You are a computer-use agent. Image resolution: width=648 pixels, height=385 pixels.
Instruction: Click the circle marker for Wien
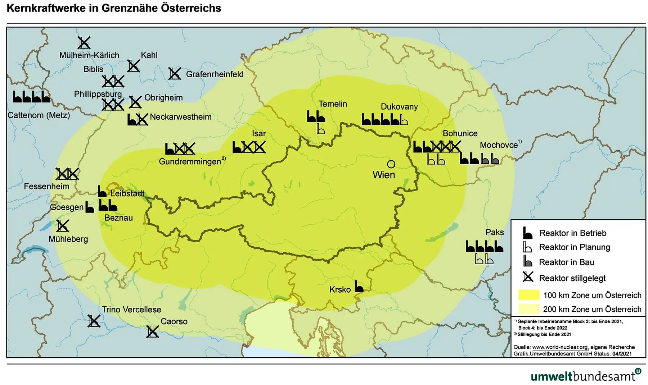(391, 164)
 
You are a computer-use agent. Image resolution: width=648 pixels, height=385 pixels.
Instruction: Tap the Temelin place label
(333, 104)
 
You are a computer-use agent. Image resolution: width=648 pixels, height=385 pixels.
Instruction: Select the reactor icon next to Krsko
(359, 287)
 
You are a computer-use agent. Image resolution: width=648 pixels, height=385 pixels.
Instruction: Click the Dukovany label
(399, 107)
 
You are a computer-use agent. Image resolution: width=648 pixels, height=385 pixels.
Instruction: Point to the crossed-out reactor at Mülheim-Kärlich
(84, 43)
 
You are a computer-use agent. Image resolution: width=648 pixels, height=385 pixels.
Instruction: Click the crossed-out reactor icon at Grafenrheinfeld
(175, 74)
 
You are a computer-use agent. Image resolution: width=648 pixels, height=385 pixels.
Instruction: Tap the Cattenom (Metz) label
(39, 115)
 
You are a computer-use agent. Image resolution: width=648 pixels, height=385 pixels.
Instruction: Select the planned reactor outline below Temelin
(320, 129)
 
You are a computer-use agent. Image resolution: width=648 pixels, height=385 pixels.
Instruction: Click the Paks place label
(495, 232)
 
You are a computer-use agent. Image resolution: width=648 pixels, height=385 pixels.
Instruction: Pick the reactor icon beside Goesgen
(90, 207)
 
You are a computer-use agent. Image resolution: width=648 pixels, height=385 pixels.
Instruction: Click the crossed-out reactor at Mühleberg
(63, 226)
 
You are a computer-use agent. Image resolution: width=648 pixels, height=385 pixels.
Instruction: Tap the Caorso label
(174, 321)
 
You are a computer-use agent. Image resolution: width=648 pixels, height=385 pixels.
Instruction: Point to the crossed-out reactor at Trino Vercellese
(94, 321)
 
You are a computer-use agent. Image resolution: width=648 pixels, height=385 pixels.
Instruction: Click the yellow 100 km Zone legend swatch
(528, 295)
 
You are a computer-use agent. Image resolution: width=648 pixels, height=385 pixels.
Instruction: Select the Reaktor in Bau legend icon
(527, 261)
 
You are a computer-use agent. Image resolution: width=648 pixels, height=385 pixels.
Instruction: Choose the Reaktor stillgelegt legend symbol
(528, 277)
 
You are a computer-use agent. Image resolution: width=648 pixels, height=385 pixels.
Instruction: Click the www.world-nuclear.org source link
(560, 347)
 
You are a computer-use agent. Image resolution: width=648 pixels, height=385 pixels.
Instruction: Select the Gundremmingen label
(190, 161)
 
